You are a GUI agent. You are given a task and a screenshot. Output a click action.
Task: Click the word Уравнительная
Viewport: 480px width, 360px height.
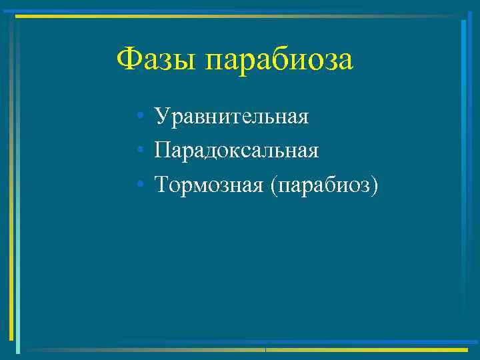(231, 117)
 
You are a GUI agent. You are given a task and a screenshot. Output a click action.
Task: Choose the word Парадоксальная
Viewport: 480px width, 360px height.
(237, 150)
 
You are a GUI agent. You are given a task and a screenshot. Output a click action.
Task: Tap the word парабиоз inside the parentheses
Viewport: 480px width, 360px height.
(323, 184)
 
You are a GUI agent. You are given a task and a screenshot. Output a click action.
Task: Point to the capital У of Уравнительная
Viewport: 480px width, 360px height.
(161, 117)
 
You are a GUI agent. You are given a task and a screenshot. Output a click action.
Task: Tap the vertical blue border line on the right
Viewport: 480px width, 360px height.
(463, 180)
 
